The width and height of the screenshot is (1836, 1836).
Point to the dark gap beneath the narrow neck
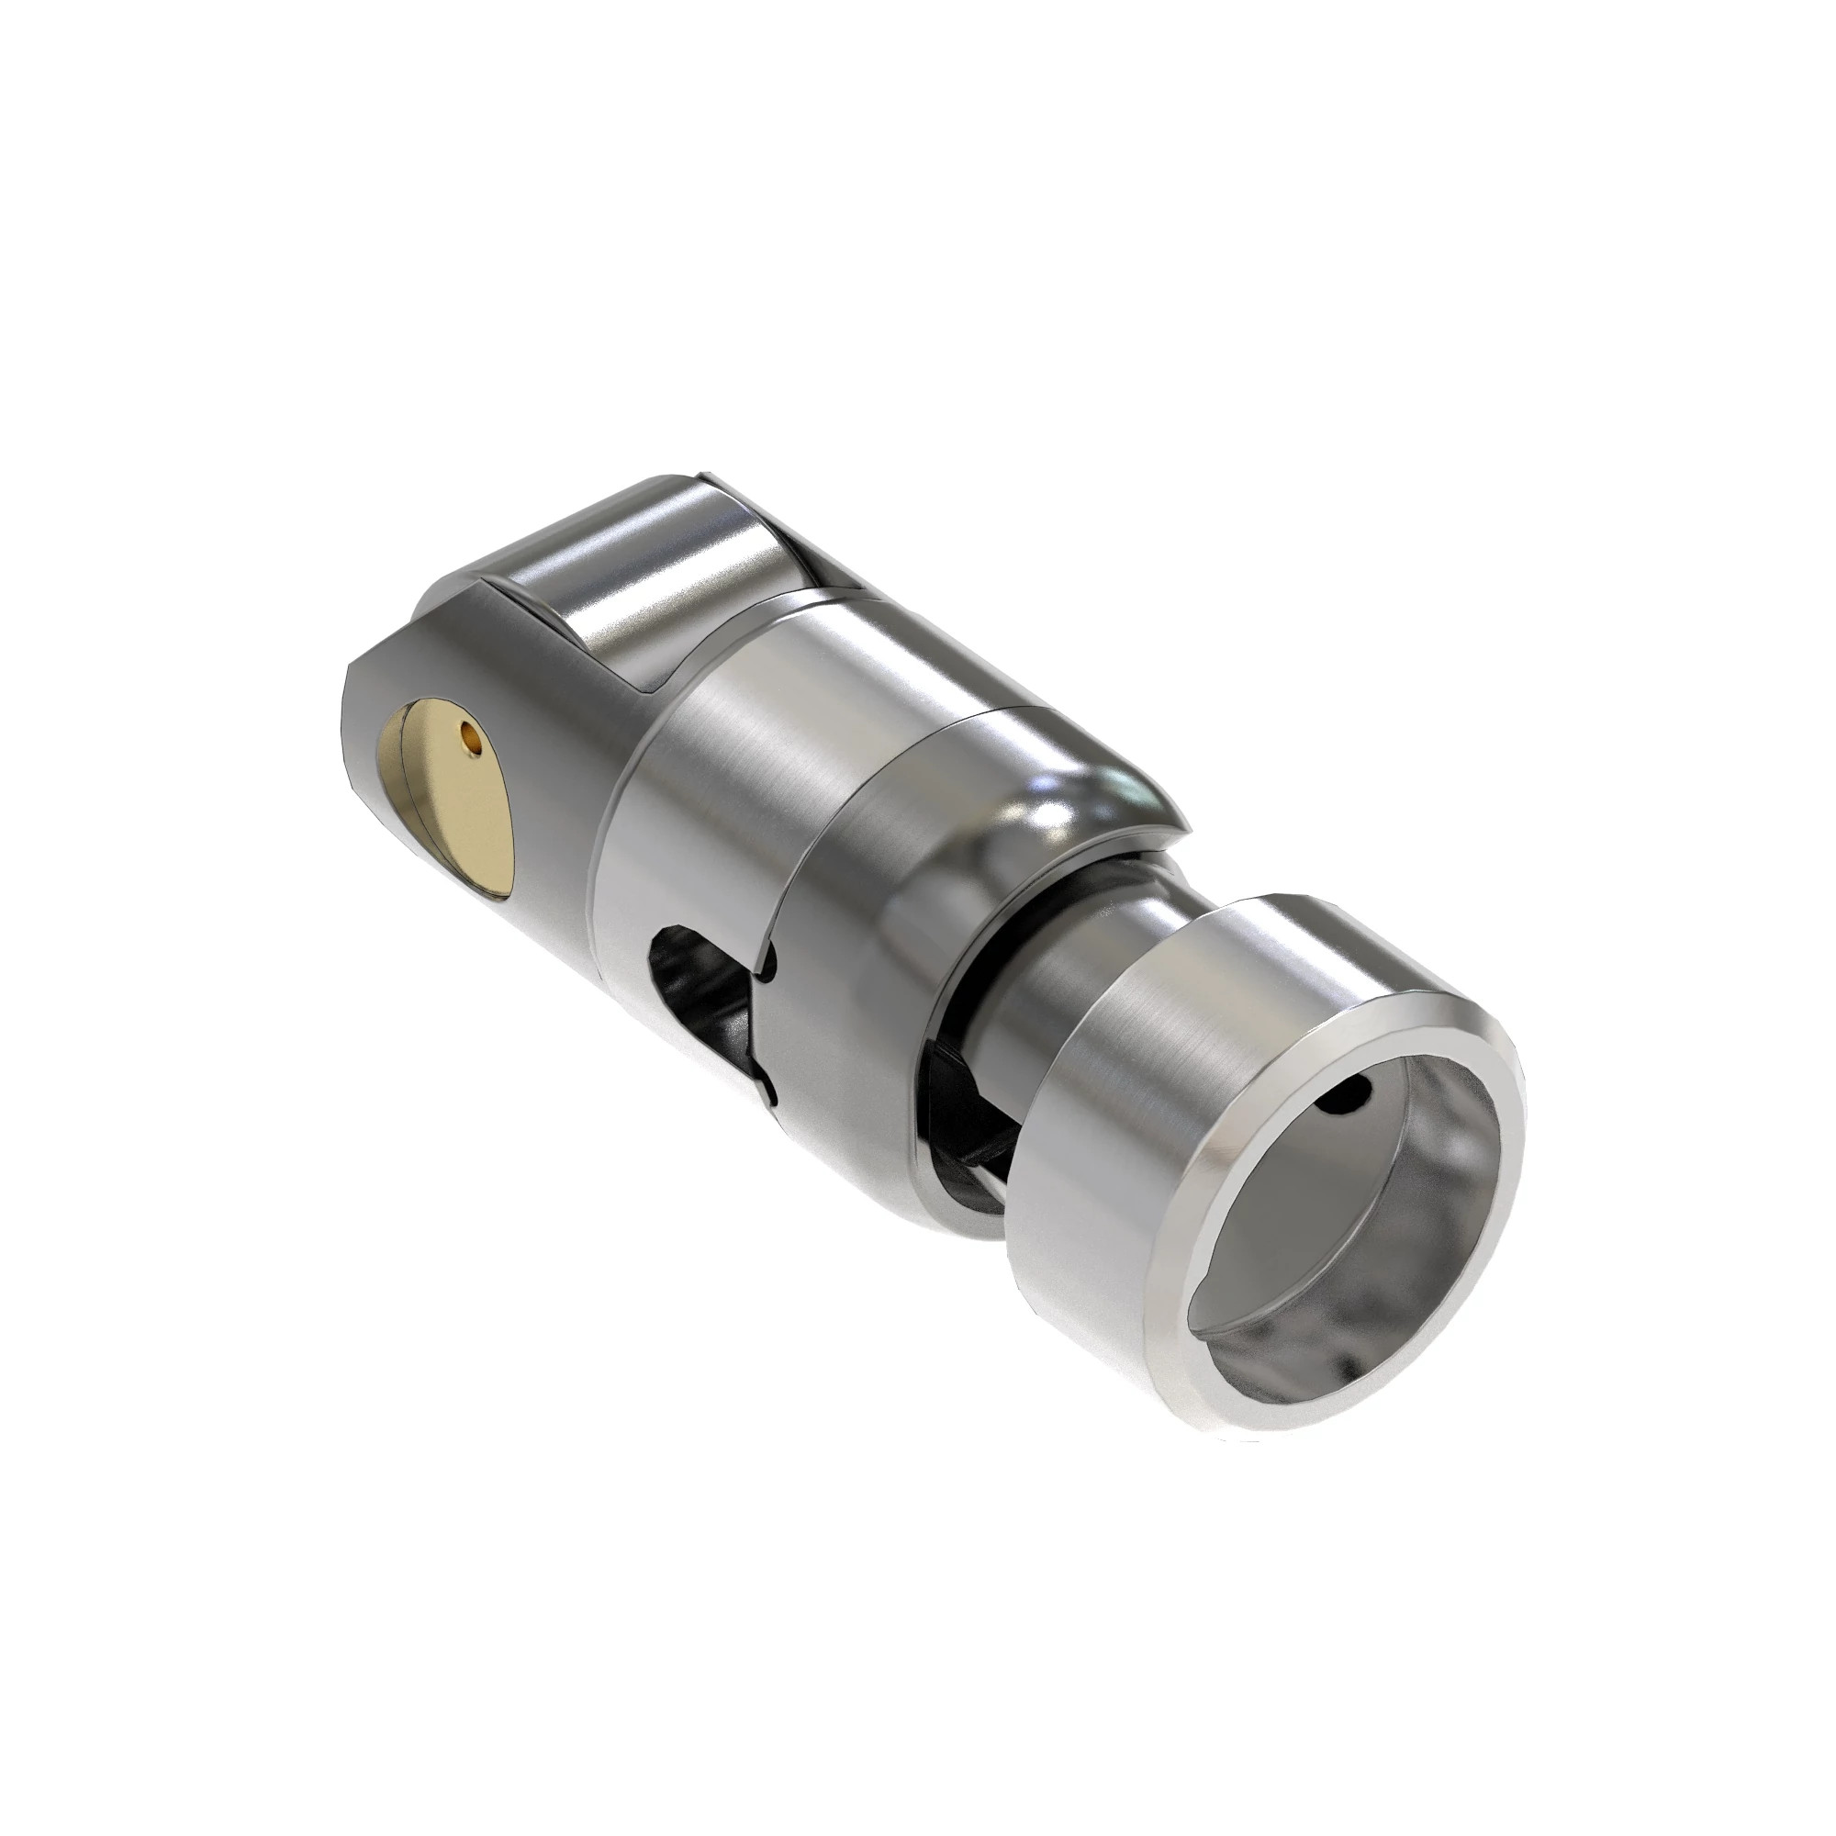coord(960,1122)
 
